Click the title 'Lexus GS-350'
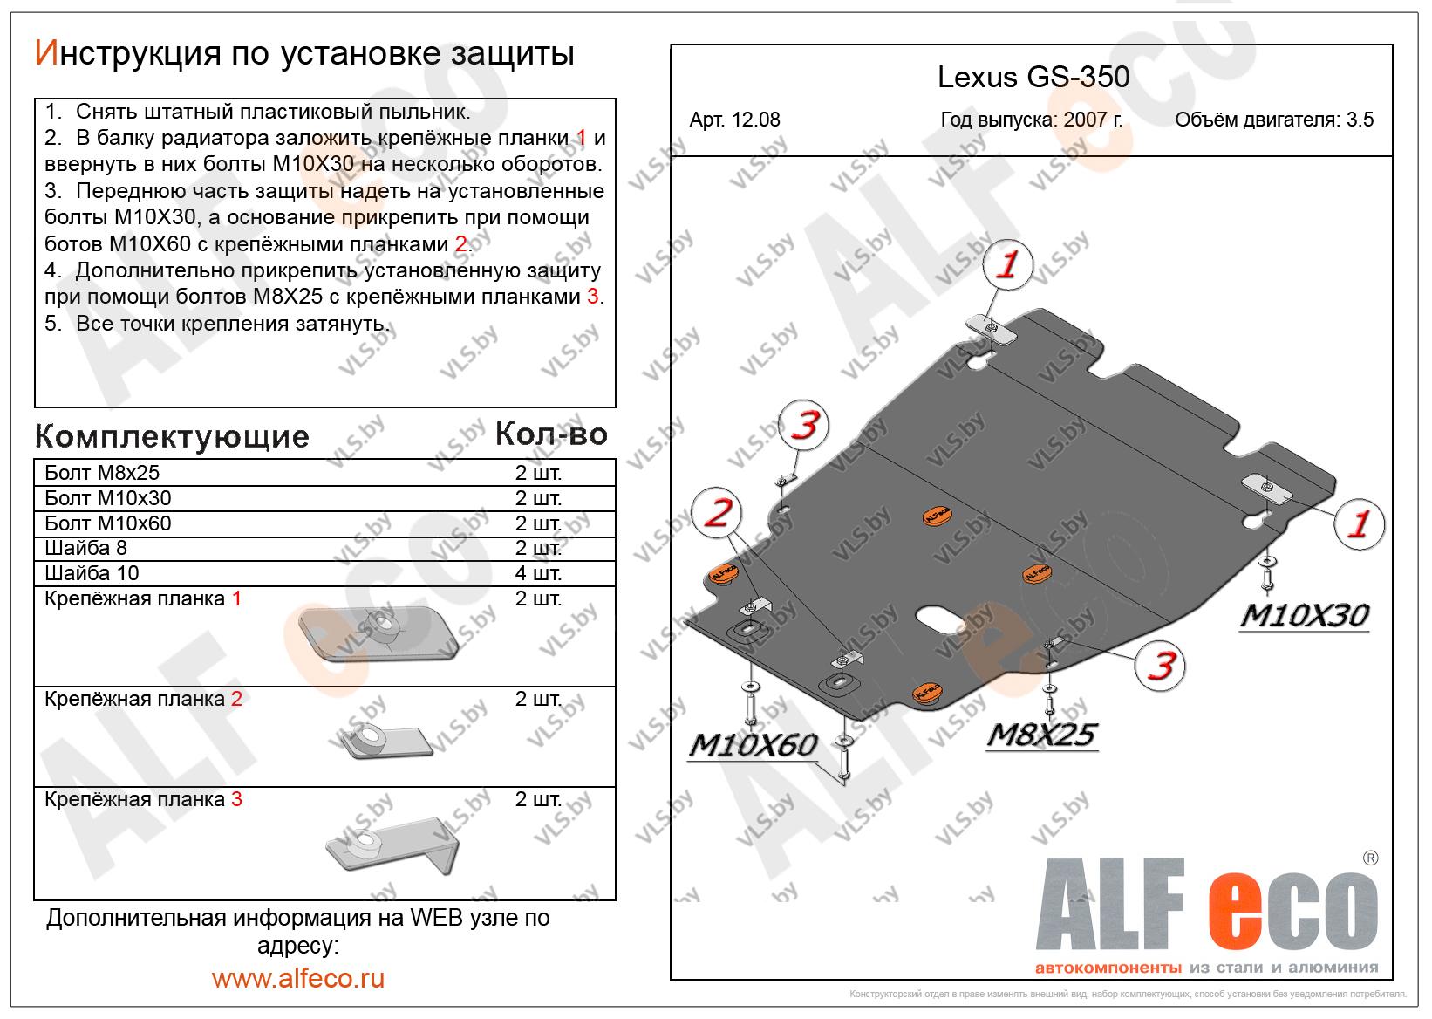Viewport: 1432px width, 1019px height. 1033,78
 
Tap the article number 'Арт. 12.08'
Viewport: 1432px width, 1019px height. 734,120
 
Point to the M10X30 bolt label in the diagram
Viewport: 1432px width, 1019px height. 1304,615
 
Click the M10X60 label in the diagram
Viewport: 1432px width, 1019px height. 753,744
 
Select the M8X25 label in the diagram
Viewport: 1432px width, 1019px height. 1040,735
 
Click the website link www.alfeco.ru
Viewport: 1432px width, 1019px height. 297,978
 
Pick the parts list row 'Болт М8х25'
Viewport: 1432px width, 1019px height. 102,473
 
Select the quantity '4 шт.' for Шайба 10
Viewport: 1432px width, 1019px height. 538,573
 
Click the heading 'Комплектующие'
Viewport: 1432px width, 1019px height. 172,436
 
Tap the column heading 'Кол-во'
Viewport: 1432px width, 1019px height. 551,434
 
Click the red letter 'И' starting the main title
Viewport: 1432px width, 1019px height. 45,53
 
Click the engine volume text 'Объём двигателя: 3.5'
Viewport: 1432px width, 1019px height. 1273,120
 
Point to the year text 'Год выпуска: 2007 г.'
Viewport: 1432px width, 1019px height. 1032,120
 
